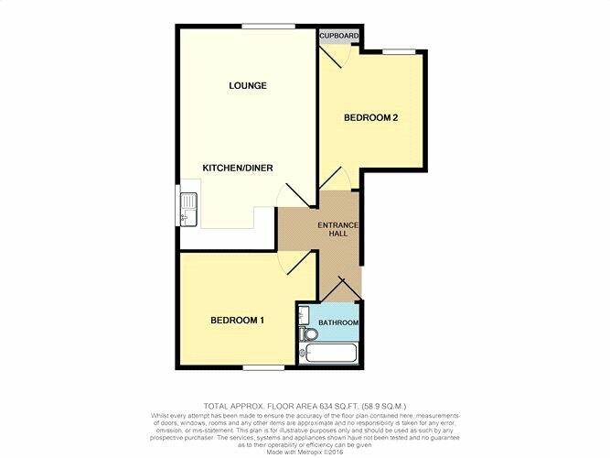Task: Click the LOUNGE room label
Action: pyautogui.click(x=248, y=86)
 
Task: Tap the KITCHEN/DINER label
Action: pyautogui.click(x=239, y=168)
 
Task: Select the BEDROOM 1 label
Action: pyautogui.click(x=238, y=320)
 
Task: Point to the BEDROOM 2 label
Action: pyautogui.click(x=371, y=118)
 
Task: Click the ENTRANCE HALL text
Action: pyautogui.click(x=337, y=231)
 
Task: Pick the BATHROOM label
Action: pyautogui.click(x=337, y=323)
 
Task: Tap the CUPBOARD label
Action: pyautogui.click(x=339, y=36)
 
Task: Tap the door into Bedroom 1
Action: pyautogui.click(x=293, y=263)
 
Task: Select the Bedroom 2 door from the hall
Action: pyautogui.click(x=332, y=180)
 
